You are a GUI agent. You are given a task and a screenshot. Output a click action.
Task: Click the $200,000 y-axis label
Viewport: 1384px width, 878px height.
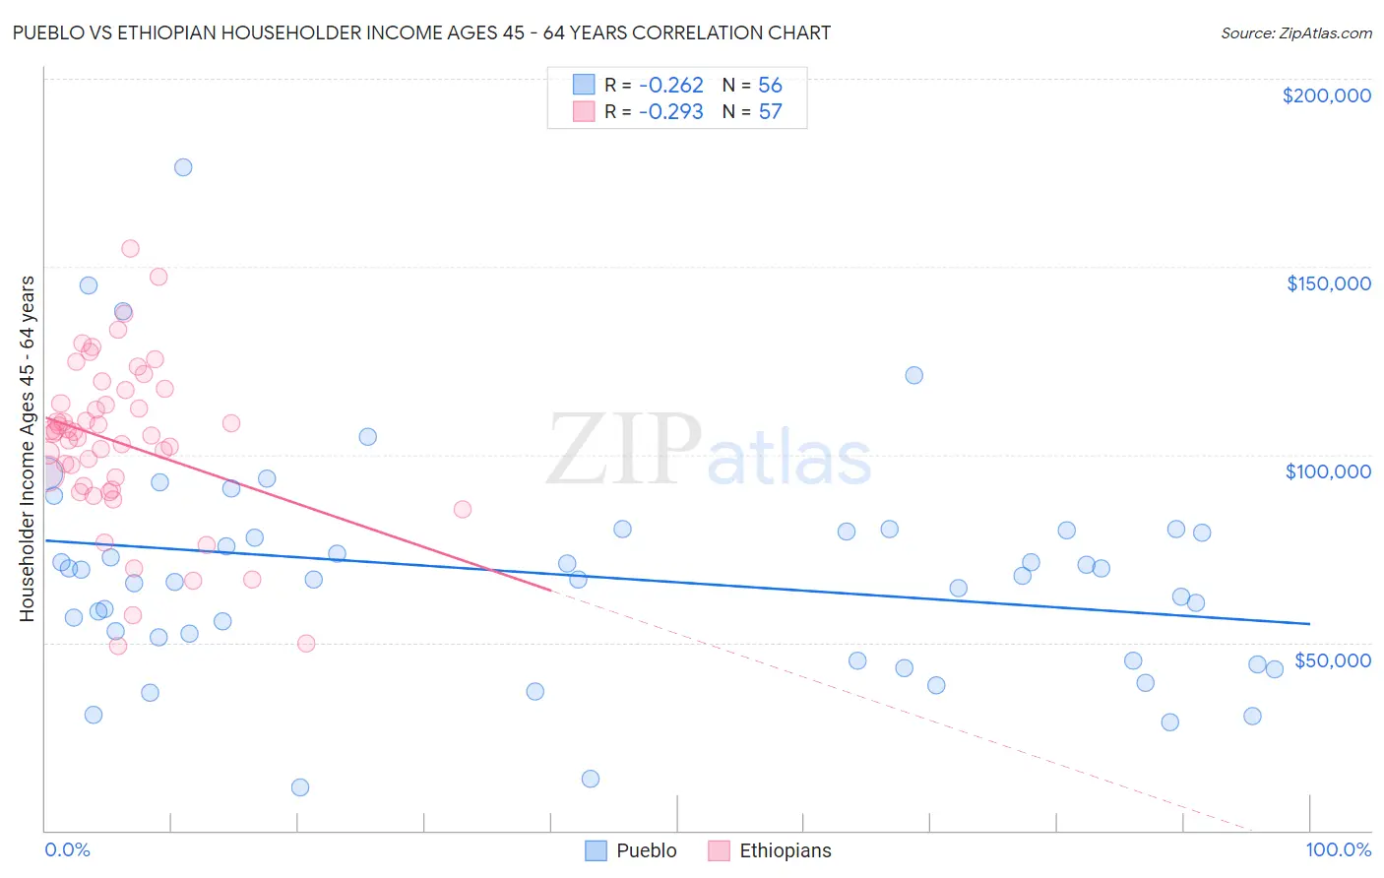pos(1326,95)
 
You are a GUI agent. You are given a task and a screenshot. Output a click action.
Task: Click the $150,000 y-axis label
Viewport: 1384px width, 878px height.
pos(1328,283)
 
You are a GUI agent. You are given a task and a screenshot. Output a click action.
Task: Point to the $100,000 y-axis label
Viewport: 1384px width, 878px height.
pos(1328,471)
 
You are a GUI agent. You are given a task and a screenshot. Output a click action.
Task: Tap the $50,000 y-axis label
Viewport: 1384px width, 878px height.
pos(1332,659)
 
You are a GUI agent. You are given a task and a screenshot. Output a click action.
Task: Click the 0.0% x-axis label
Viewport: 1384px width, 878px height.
pos(67,849)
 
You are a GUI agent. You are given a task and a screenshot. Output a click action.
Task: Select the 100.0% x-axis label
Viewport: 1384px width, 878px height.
pos(1338,849)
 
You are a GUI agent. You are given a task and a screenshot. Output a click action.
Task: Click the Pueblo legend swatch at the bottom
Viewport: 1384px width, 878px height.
pos(596,850)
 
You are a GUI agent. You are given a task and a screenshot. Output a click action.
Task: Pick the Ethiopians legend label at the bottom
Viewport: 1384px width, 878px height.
pos(785,850)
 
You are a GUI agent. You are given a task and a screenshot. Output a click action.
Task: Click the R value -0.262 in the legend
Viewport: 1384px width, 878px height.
pos(670,85)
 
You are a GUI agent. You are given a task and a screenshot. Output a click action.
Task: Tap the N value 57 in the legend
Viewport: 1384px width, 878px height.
pos(770,111)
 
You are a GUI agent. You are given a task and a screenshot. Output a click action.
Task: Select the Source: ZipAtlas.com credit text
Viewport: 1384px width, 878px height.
pos(1295,32)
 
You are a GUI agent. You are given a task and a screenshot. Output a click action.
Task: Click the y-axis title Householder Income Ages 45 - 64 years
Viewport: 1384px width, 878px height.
pos(27,448)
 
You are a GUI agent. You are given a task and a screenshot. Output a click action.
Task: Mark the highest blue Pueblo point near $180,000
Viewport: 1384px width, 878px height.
pos(183,167)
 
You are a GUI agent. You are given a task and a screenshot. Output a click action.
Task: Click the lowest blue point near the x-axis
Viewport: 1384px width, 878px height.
pos(300,787)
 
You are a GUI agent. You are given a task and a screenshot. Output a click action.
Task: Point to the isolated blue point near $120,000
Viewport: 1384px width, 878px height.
pos(913,375)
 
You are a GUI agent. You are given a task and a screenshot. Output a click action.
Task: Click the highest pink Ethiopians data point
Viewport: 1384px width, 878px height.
pos(130,249)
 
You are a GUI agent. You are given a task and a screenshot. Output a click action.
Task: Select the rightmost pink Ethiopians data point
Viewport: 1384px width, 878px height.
pos(463,509)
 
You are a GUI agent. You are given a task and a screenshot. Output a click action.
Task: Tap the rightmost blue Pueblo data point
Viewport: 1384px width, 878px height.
pos(1274,669)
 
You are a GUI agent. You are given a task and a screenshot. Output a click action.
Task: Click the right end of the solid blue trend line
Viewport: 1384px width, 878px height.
pos(1309,623)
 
